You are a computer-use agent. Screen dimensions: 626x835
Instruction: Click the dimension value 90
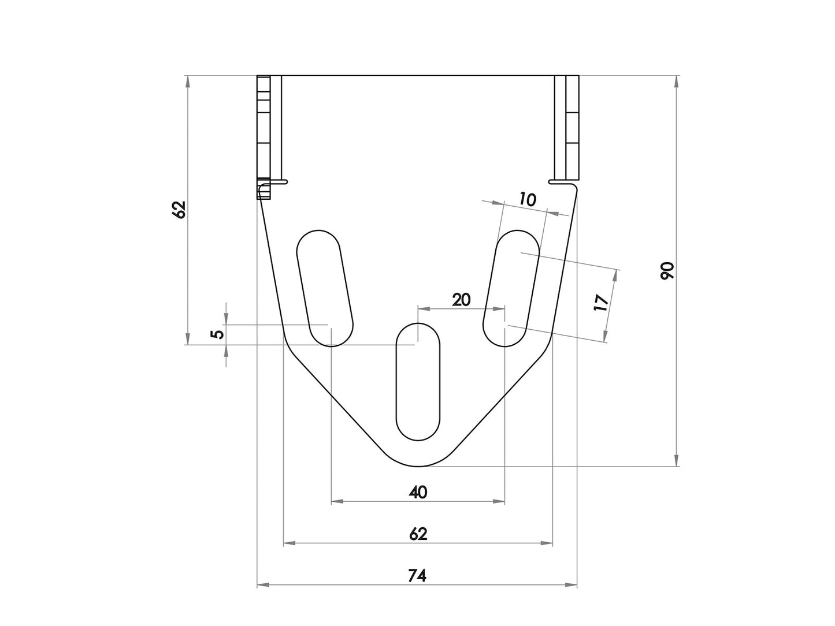pyautogui.click(x=667, y=270)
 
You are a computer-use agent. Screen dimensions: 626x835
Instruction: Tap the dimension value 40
pyautogui.click(x=417, y=492)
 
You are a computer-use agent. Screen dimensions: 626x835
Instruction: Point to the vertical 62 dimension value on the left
pyautogui.click(x=179, y=209)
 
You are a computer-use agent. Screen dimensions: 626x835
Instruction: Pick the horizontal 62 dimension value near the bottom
pyautogui.click(x=417, y=534)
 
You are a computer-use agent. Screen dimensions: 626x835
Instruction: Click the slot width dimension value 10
pyautogui.click(x=528, y=200)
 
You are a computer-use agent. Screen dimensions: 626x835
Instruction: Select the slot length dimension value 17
pyautogui.click(x=601, y=303)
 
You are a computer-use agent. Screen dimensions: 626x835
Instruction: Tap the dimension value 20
pyautogui.click(x=461, y=299)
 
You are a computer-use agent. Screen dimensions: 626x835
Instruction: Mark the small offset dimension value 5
pyautogui.click(x=216, y=334)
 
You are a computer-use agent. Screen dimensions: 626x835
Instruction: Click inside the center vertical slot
pyautogui.click(x=417, y=381)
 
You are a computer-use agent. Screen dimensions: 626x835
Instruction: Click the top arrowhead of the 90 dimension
pyautogui.click(x=676, y=81)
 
